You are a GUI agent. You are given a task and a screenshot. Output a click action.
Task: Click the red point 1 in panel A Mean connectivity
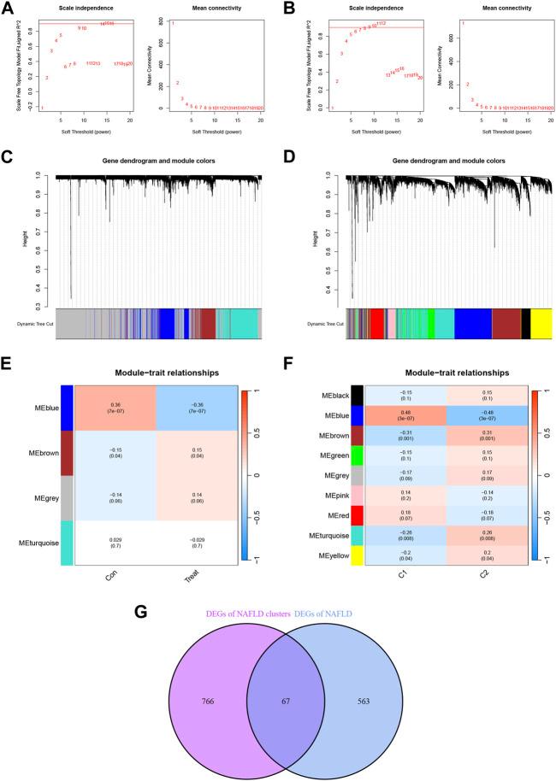173,24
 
